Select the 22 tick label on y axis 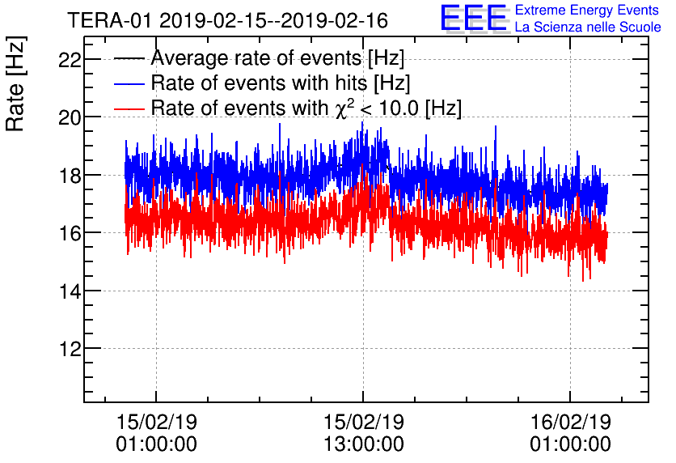[70, 59]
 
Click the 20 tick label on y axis [70, 117]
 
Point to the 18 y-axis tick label [70, 175]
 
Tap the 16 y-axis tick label [70, 233]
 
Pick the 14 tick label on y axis [70, 291]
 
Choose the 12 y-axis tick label [70, 349]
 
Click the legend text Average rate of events [277, 59]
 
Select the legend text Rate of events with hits [281, 83]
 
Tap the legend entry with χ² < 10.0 [306, 108]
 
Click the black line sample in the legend [129, 59]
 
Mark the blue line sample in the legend [129, 83]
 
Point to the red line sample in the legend [129, 108]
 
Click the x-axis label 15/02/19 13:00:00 [363, 433]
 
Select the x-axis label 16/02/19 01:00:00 [570, 433]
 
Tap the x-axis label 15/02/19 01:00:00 [156, 433]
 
